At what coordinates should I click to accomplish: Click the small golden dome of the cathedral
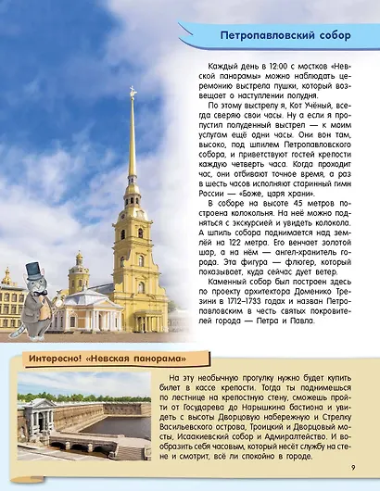tap(79, 260)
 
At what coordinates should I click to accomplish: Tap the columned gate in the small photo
tap(37, 410)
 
